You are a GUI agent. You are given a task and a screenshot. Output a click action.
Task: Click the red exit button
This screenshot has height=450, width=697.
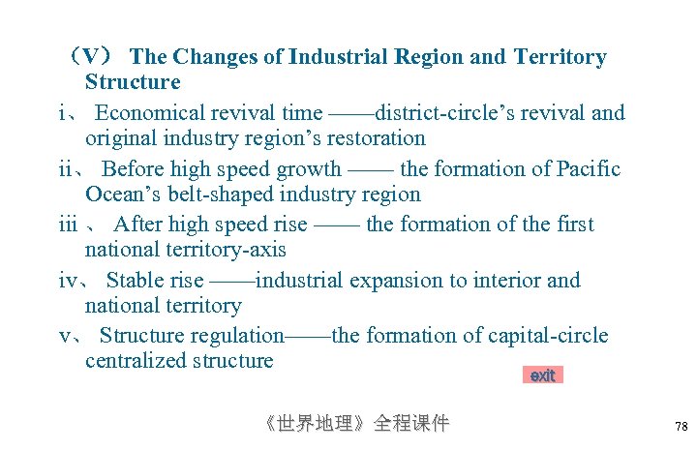542,375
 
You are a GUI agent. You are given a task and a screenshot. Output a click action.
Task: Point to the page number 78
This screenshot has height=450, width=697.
681,426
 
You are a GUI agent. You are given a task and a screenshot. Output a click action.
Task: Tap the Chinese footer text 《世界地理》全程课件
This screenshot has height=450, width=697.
357,423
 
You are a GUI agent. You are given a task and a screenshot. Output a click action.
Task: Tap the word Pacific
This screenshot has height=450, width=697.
589,169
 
